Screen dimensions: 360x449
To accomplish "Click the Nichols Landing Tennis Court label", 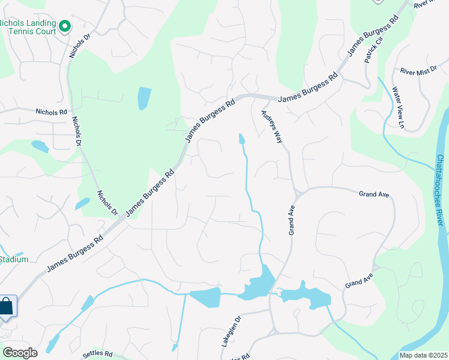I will pyautogui.click(x=28, y=27).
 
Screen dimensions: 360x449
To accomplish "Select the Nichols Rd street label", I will pyautogui.click(x=51, y=112).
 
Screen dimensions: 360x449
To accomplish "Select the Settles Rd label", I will pyautogui.click(x=97, y=354).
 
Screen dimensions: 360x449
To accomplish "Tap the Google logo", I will pyautogui.click(x=19, y=352).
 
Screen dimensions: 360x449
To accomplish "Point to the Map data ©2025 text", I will pyautogui.click(x=423, y=355).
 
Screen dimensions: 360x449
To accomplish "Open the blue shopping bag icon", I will pyautogui.click(x=7, y=307).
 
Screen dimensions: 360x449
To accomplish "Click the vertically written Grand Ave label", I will pyautogui.click(x=292, y=219).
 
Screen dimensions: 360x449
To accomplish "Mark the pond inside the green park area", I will pyautogui.click(x=145, y=98).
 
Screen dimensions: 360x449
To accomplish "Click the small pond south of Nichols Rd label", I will pyautogui.click(x=40, y=146).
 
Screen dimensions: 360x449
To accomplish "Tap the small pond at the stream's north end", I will pyautogui.click(x=241, y=139).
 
